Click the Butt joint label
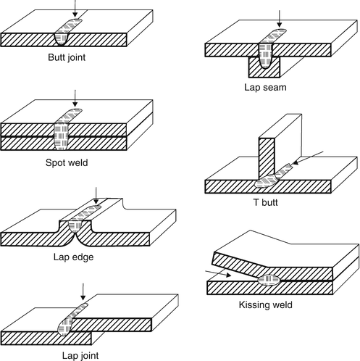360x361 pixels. click(67, 57)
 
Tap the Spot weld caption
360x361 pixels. click(67, 162)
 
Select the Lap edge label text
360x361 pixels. click(73, 257)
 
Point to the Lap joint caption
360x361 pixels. click(80, 355)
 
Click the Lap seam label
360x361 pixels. click(265, 87)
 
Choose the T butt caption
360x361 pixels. click(265, 202)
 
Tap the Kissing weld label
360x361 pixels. click(266, 304)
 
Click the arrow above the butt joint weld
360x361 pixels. click(75, 9)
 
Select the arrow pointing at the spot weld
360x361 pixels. click(75, 99)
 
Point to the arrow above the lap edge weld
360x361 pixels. click(96, 196)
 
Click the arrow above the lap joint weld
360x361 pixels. click(83, 292)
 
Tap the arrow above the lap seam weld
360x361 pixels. click(280, 19)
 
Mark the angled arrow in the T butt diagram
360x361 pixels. click(308, 158)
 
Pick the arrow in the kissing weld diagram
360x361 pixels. click(218, 273)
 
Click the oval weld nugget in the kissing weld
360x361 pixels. click(269, 280)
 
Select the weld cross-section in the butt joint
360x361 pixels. click(61, 39)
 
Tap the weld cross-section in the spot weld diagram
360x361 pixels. click(61, 136)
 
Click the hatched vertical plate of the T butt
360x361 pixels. click(267, 158)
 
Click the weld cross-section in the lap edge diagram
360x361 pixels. click(75, 226)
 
